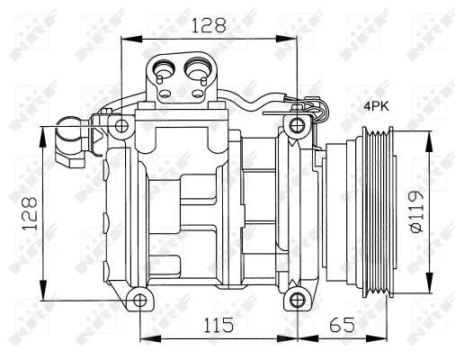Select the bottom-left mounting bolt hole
point(137,300)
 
